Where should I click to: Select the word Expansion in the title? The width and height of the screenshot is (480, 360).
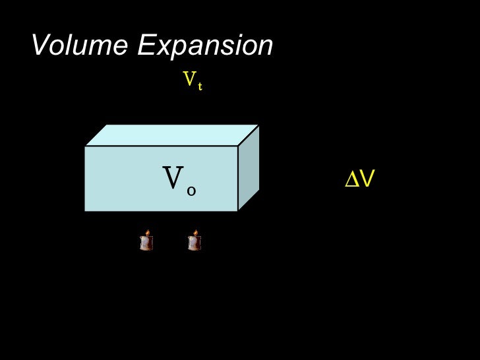pyautogui.click(x=206, y=46)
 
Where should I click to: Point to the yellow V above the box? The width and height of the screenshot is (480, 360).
pyautogui.click(x=189, y=80)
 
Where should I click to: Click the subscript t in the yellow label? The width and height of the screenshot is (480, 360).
pyautogui.click(x=199, y=86)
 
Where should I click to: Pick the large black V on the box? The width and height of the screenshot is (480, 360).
pyautogui.click(x=173, y=178)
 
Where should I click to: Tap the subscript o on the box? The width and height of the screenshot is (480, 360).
pyautogui.click(x=191, y=191)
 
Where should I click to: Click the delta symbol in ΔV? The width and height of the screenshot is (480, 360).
pyautogui.click(x=352, y=179)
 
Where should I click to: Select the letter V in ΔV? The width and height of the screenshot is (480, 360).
pyautogui.click(x=367, y=179)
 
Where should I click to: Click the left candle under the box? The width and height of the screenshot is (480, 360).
pyautogui.click(x=146, y=241)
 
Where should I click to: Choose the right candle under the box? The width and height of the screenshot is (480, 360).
pyautogui.click(x=194, y=241)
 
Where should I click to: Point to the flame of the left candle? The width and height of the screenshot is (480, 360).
pyautogui.click(x=147, y=233)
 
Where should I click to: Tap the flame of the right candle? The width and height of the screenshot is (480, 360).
pyautogui.click(x=195, y=233)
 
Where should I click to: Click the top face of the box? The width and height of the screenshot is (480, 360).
pyautogui.click(x=171, y=135)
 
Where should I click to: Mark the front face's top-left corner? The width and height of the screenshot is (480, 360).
pyautogui.click(x=85, y=146)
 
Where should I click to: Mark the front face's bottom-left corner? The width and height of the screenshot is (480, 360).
pyautogui.click(x=85, y=211)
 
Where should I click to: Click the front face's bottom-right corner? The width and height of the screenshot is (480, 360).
pyautogui.click(x=237, y=211)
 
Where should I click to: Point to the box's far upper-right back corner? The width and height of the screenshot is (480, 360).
pyautogui.click(x=259, y=125)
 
